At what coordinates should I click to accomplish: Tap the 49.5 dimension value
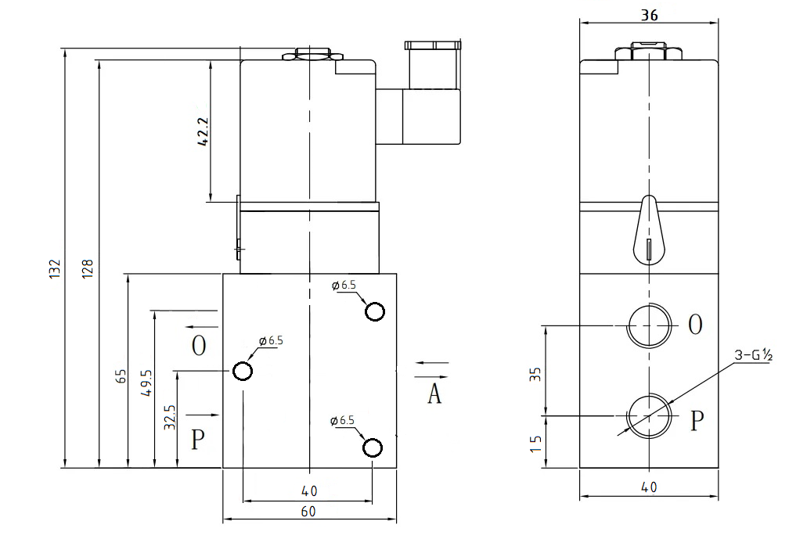(146, 383)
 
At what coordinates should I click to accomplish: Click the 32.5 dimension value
(169, 418)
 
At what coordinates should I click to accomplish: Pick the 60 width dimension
(308, 511)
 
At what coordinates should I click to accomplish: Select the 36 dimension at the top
(648, 15)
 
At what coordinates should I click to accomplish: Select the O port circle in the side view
(650, 324)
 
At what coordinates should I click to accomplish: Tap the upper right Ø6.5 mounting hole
(375, 311)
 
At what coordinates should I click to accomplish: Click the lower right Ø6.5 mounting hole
(373, 447)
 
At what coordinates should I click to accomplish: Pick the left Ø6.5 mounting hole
(243, 370)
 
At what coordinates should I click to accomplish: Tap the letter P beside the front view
(199, 440)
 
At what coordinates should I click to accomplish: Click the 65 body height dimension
(120, 376)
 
